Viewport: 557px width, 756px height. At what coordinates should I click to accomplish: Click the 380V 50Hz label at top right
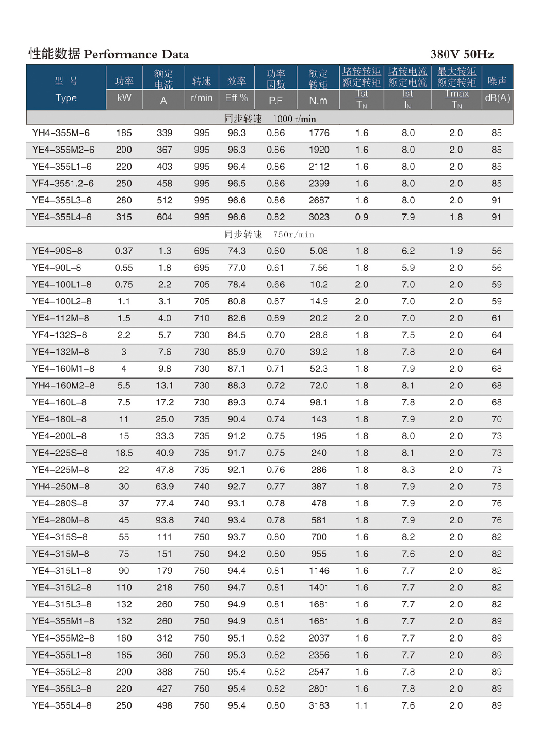pos(462,54)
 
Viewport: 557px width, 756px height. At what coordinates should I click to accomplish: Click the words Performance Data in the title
pos(136,54)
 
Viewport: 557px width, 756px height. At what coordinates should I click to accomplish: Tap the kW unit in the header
pos(124,98)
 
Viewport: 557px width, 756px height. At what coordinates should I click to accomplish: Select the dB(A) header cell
pos(497,98)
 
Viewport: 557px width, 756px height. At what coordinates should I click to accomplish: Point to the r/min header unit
pos(202,98)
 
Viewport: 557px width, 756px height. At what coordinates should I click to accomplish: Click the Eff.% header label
pos(237,98)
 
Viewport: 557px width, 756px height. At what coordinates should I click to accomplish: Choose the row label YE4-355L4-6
pos(62,217)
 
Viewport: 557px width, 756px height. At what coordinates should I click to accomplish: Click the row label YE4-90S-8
pos(57,251)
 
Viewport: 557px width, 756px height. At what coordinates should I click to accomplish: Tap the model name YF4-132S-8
pos(59,335)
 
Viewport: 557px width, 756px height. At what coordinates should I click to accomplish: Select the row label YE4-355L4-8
pos(62,705)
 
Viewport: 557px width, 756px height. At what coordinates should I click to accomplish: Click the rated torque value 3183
pos(319,705)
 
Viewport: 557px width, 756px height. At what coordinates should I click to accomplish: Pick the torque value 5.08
pos(319,251)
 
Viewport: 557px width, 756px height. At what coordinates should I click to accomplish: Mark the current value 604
pos(165,217)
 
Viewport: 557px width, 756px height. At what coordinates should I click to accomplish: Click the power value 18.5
pos(124,453)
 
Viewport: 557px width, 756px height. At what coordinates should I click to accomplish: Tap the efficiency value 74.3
pos(237,251)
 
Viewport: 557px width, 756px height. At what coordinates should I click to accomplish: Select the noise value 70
pos(496,419)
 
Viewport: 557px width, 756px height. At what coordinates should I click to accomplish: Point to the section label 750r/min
pos(293,235)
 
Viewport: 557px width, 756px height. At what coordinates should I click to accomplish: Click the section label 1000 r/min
pos(294,119)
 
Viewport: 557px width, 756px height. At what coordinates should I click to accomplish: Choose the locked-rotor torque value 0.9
pos(362,217)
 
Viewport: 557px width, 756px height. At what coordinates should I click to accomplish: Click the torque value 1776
pos(319,133)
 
